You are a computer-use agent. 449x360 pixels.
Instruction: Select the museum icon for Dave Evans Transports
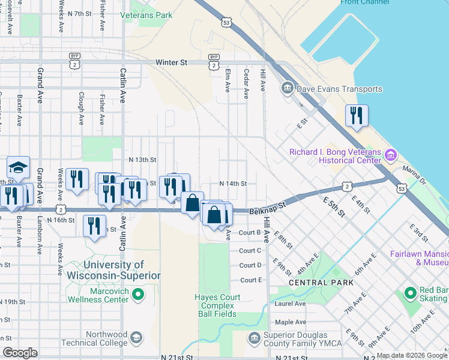(x=287, y=89)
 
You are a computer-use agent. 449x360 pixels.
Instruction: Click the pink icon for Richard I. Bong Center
(x=391, y=156)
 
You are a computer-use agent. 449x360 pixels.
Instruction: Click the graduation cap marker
(x=18, y=167)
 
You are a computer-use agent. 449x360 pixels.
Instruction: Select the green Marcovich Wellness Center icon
(x=138, y=294)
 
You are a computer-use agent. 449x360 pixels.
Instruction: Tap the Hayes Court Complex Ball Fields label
(x=217, y=305)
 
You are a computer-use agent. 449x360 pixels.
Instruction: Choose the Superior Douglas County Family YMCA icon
(x=254, y=339)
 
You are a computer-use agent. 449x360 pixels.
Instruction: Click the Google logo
(x=20, y=352)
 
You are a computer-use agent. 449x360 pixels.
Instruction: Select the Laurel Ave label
(x=291, y=303)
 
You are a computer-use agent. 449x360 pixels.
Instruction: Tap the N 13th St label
(x=142, y=160)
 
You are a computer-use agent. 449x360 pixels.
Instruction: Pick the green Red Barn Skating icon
(x=411, y=293)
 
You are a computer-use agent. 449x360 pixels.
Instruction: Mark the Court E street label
(x=251, y=280)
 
